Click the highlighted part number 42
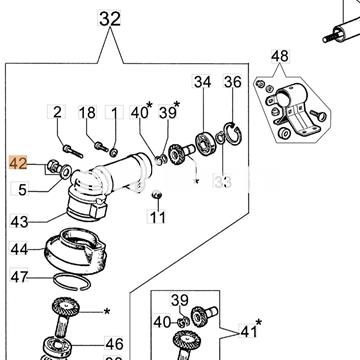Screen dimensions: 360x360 click(18, 163)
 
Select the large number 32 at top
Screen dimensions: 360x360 click(110, 19)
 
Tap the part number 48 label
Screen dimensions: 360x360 click(280, 56)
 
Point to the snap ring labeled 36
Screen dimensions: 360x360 click(233, 133)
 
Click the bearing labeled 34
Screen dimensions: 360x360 click(204, 143)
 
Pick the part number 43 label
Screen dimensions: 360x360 click(19, 221)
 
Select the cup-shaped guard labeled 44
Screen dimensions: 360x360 click(75, 251)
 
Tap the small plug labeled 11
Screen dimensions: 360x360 click(156, 194)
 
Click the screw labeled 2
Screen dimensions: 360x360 click(72, 151)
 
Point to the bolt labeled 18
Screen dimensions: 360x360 click(101, 147)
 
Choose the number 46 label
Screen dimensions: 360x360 click(114, 344)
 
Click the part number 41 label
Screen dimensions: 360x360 click(248, 331)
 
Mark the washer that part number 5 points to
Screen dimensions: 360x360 click(65, 172)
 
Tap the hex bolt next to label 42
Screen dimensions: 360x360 click(53, 166)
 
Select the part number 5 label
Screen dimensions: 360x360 click(22, 190)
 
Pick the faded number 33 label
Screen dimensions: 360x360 click(223, 182)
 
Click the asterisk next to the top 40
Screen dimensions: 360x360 click(149, 106)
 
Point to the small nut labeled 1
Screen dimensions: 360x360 click(114, 153)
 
